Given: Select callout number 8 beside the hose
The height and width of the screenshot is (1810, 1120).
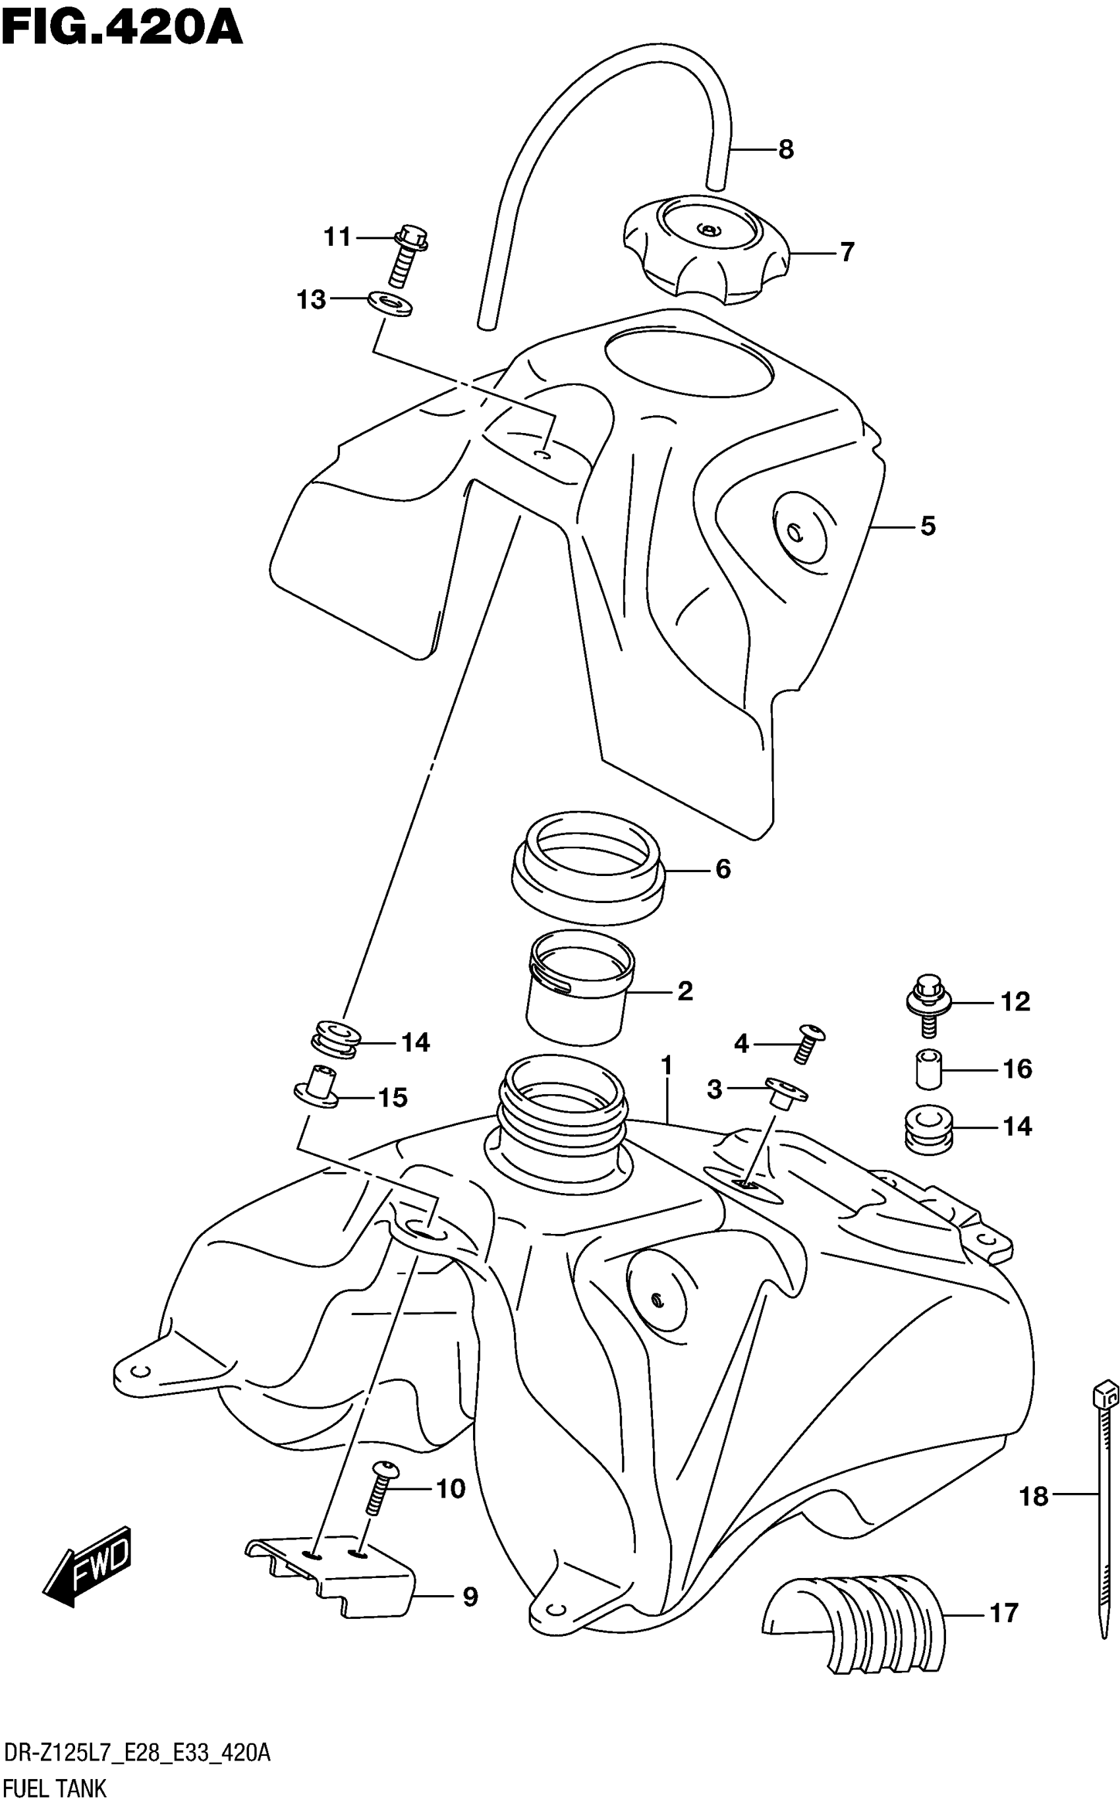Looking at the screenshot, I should tap(786, 150).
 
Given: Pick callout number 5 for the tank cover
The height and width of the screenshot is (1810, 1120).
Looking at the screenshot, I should tap(928, 526).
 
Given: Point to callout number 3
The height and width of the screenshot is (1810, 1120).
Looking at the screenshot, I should tap(714, 1089).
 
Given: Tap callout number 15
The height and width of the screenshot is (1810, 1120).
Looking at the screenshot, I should tap(393, 1097).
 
